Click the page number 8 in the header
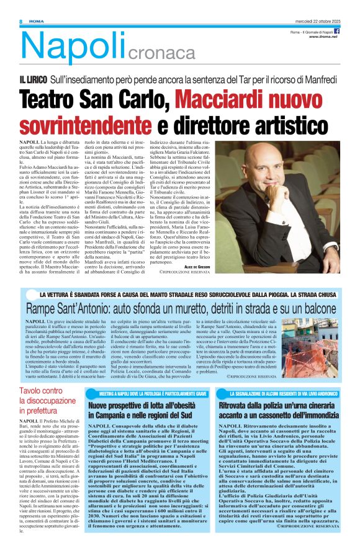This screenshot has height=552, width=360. [21, 22]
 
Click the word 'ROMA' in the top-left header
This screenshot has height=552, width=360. [33, 22]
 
